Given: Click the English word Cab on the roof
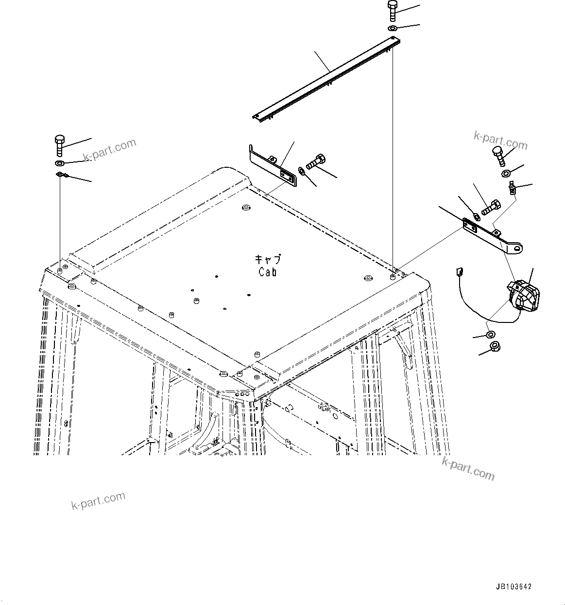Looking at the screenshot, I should (268, 272).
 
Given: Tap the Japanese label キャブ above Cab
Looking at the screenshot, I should (268, 260).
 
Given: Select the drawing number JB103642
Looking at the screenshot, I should (513, 587).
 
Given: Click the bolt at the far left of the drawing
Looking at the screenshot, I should (58, 144).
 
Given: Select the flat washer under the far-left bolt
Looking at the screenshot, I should (59, 162).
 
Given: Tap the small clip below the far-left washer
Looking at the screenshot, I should (62, 175).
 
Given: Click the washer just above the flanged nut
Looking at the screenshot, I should (490, 334).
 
